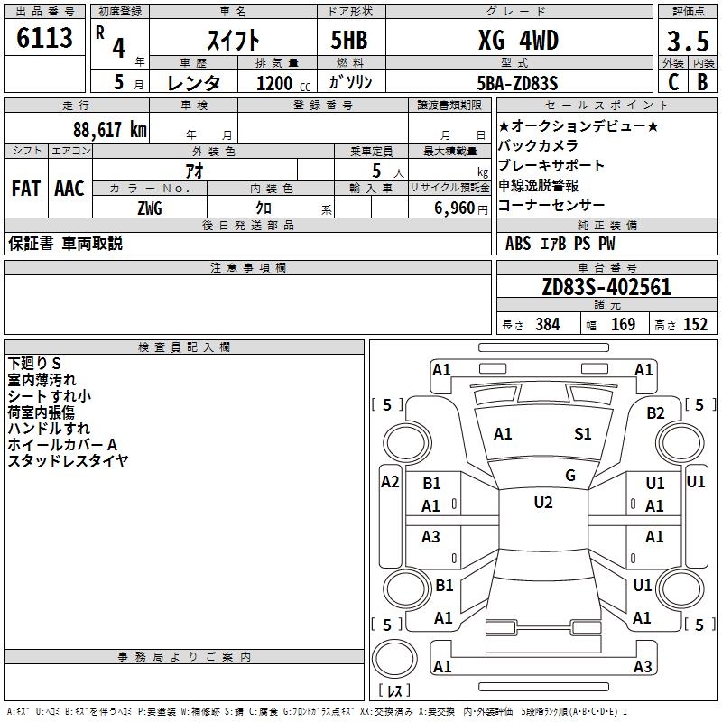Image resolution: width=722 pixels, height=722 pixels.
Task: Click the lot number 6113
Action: click(x=44, y=37)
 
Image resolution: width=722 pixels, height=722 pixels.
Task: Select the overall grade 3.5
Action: click(x=688, y=41)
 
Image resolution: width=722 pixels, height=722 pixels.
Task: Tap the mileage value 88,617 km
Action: click(x=110, y=129)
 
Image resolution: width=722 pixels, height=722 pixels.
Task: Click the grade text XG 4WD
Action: click(x=518, y=40)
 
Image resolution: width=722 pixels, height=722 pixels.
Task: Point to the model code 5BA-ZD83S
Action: click(x=517, y=83)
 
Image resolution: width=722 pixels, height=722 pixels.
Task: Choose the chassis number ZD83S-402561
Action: click(x=606, y=287)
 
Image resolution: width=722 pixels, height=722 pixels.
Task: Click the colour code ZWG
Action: click(x=150, y=208)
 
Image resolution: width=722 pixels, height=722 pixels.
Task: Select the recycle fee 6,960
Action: click(x=455, y=208)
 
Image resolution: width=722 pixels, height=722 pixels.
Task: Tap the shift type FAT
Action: click(x=26, y=189)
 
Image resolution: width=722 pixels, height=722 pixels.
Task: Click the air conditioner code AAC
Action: click(x=69, y=189)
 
